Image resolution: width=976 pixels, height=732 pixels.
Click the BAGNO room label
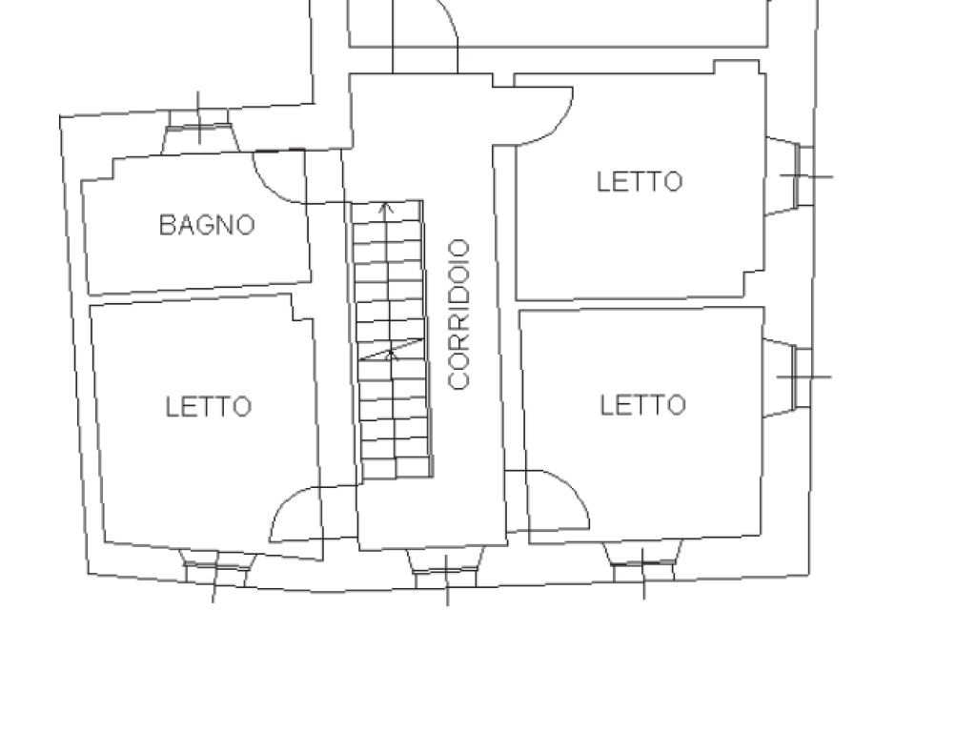(207, 225)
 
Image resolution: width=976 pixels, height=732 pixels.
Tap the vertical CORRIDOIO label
(458, 315)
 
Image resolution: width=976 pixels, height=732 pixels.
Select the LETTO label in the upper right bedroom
(640, 181)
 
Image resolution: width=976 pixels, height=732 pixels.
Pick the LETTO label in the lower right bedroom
(643, 404)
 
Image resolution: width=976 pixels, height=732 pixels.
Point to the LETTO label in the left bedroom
(209, 406)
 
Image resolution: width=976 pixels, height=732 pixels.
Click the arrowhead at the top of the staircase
(387, 208)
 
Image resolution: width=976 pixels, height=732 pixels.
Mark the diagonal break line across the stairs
(392, 349)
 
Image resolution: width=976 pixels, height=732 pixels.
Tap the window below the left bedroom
(216, 568)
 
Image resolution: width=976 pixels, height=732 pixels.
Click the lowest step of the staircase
(397, 468)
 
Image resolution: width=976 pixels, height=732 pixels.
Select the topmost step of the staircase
(388, 212)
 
